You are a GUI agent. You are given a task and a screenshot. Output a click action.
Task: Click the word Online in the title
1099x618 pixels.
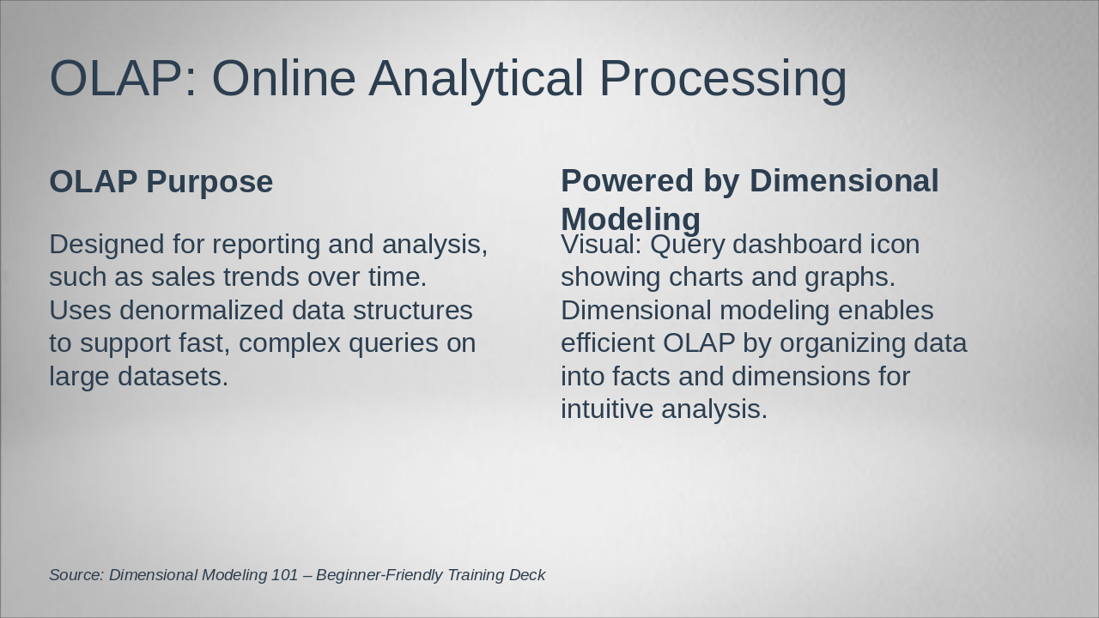[x=283, y=78]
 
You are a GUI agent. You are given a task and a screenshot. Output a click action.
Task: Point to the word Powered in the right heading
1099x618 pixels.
[x=628, y=180]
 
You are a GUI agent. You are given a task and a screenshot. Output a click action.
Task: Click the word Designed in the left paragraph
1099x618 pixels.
[x=106, y=245]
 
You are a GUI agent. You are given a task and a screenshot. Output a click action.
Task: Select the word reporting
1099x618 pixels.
[x=266, y=245]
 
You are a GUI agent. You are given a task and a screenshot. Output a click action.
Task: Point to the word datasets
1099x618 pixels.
[x=173, y=377]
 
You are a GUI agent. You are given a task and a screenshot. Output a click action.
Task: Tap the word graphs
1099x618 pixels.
[x=850, y=277]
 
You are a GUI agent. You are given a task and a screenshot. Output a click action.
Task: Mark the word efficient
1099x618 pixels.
[x=608, y=342]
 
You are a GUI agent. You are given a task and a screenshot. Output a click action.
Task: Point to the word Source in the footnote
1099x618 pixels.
[x=77, y=575]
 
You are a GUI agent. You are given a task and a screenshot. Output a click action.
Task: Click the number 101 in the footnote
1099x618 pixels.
[x=284, y=575]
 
